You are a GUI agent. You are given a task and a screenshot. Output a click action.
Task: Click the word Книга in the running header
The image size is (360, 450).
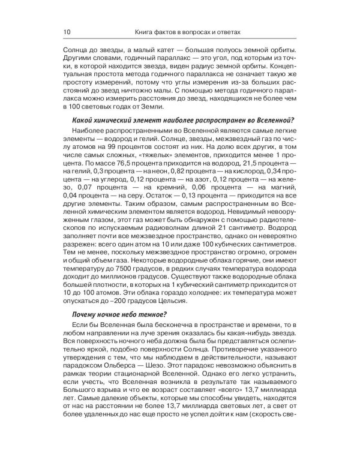(x=149, y=31)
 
